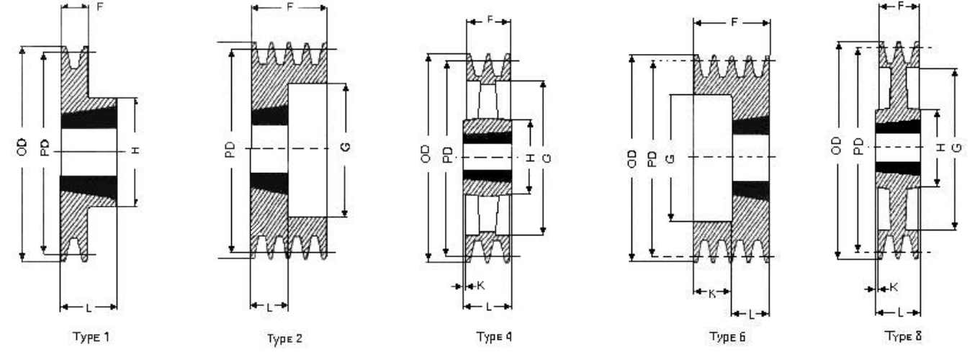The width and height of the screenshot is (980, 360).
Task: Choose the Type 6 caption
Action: point(727,336)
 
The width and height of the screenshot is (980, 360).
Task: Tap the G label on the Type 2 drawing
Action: point(345,148)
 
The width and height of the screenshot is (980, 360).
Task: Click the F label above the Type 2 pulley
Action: point(289,9)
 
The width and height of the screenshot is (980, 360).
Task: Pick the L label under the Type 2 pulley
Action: point(269,307)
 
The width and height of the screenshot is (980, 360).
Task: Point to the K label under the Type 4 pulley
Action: point(480,286)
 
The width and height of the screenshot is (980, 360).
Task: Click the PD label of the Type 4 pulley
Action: point(446,154)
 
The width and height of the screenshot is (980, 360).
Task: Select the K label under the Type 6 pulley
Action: point(711,293)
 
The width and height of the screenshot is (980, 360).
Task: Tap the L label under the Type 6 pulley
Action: point(751,314)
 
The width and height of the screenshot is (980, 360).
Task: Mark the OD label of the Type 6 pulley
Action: point(631,157)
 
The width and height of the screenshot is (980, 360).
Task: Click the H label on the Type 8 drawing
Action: point(939,147)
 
